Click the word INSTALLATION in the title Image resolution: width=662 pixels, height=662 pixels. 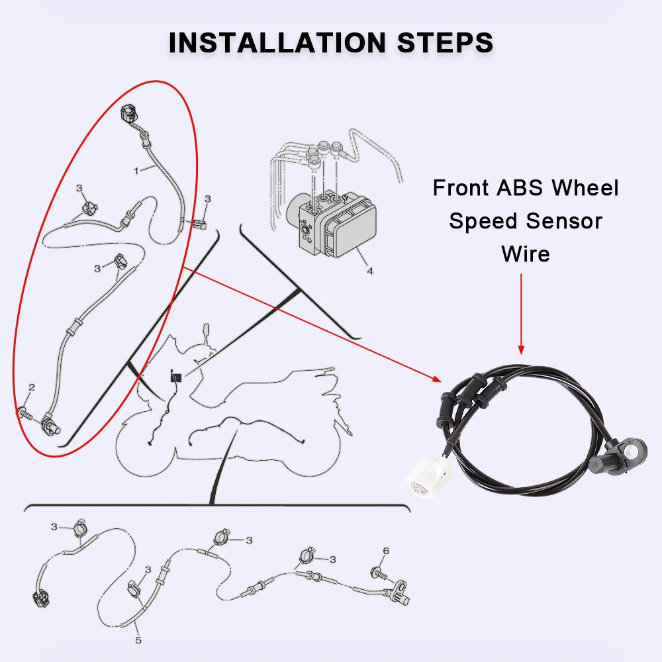click(x=277, y=42)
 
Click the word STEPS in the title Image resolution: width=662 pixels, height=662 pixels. click(x=445, y=42)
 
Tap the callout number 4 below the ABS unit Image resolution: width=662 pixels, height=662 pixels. click(x=370, y=271)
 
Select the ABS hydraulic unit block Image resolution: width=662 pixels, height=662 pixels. click(x=332, y=224)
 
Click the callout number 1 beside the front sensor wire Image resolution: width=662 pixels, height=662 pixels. click(x=136, y=171)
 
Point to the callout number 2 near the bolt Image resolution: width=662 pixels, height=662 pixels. click(x=31, y=387)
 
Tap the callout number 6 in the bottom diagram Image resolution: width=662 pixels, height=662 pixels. click(x=385, y=551)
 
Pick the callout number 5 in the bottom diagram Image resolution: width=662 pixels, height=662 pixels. click(x=138, y=640)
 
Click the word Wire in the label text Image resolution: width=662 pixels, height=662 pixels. click(x=526, y=254)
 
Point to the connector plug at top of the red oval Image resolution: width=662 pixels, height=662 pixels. click(x=130, y=115)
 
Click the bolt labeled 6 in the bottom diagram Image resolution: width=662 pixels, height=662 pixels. click(x=378, y=574)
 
